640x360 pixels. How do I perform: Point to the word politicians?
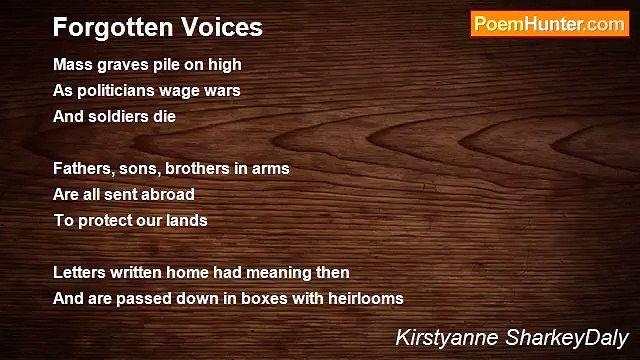pos(119,91)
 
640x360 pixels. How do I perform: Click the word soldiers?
pos(120,117)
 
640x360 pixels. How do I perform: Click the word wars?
pos(222,91)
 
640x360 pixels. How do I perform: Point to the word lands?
pos(186,220)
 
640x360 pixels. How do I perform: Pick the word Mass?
pos(71,65)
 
